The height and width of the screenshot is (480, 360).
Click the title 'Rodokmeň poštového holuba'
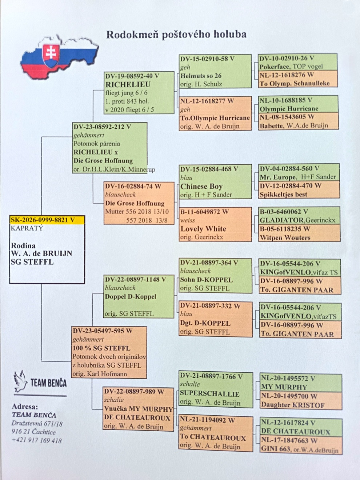tap(176, 35)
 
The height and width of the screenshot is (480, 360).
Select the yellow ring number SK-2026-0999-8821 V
tap(43, 220)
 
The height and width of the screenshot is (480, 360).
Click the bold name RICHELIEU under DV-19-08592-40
tap(128, 84)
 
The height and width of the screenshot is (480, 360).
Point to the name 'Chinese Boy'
tap(201, 187)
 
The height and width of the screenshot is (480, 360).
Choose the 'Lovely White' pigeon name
tap(203, 229)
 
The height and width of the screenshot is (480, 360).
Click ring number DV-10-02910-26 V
tap(287, 59)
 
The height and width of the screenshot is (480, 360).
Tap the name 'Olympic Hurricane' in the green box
tap(289, 109)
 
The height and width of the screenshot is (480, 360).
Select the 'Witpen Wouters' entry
tap(285, 237)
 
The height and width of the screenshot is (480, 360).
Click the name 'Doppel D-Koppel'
tap(131, 296)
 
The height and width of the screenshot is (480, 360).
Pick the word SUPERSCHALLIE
tap(209, 394)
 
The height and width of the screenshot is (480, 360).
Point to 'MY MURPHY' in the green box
tap(284, 387)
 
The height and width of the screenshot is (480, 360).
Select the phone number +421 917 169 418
tap(37, 440)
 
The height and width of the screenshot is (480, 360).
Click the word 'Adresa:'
tap(25, 407)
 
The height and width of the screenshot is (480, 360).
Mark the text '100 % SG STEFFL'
tap(101, 348)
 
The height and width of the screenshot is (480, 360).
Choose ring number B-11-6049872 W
tap(205, 212)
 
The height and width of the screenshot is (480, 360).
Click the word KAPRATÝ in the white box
tap(27, 228)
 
